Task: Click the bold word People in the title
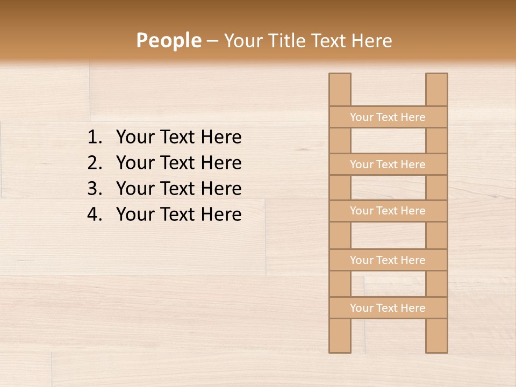pyautogui.click(x=168, y=40)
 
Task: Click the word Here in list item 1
pyautogui.click(x=221, y=137)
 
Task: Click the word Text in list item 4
pyautogui.click(x=177, y=214)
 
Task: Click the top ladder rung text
pyautogui.click(x=388, y=117)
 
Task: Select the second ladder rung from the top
pyautogui.click(x=388, y=164)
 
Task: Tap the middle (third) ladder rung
pyautogui.click(x=388, y=211)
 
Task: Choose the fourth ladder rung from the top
pyautogui.click(x=388, y=260)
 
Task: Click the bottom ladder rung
pyautogui.click(x=388, y=308)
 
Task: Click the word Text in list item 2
pyautogui.click(x=177, y=163)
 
